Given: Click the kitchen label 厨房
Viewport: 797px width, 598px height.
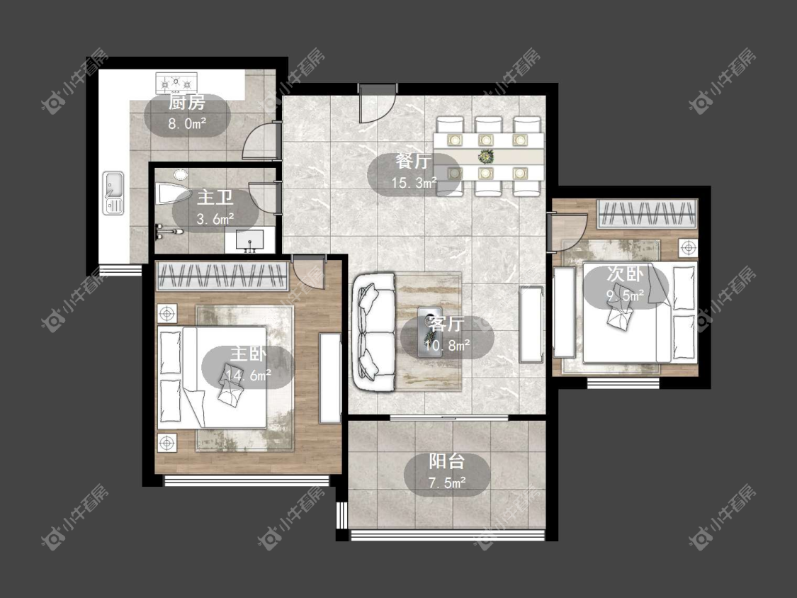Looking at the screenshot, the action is (x=187, y=103).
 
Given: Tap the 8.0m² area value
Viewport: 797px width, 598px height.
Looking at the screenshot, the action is (x=187, y=123).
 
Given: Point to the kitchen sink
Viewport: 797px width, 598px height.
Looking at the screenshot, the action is (x=113, y=193).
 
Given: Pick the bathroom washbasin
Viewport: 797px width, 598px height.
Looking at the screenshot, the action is (x=250, y=241).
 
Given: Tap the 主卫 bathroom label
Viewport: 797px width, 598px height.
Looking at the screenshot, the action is (x=215, y=197).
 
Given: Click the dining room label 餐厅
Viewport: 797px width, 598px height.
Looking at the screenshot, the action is (x=414, y=162).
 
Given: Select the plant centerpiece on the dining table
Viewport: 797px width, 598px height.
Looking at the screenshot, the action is (x=486, y=156).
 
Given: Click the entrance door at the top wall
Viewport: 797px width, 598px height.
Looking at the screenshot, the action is (x=377, y=103).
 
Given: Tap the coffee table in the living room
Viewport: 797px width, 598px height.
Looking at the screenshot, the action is (x=430, y=332).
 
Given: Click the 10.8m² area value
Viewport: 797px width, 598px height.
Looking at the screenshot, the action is (x=447, y=346).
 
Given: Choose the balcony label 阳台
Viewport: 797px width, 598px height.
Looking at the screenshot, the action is (x=447, y=461).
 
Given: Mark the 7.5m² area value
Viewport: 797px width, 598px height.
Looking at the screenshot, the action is (x=447, y=483).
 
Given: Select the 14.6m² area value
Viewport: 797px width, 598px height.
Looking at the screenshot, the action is (x=249, y=376).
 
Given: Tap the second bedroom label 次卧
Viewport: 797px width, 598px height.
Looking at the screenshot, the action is (x=625, y=274).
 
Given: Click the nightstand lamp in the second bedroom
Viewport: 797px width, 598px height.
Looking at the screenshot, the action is (x=689, y=248).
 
